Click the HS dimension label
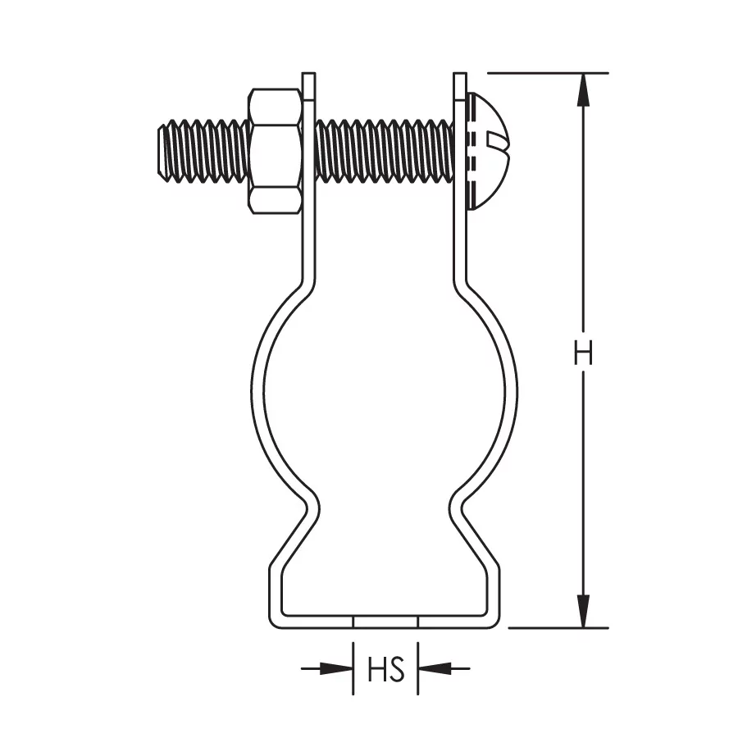[x=386, y=669]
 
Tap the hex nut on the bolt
[x=276, y=151]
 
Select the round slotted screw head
[x=487, y=150]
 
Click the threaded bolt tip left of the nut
[x=203, y=151]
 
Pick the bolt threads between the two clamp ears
[x=385, y=151]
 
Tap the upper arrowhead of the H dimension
[x=583, y=89]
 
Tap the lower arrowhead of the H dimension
[x=583, y=611]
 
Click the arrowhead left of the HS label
[x=336, y=667]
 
